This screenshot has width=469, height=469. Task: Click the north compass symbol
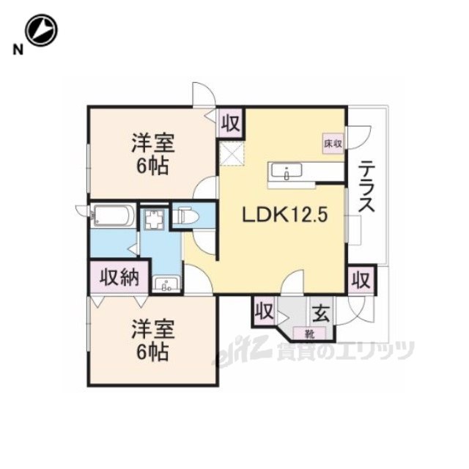tap(41, 31)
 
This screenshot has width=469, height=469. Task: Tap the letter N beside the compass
tap(18, 50)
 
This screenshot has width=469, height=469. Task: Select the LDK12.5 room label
tap(285, 215)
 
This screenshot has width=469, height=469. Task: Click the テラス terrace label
tap(366, 186)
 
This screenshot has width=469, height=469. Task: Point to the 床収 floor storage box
tap(333, 144)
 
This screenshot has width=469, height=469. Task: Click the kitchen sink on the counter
tap(287, 171)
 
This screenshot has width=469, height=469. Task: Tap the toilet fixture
tap(187, 215)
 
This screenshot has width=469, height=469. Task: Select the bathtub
tap(112, 215)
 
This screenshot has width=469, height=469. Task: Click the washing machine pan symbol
tap(153, 219)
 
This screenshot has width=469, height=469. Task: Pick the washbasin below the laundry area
tap(166, 284)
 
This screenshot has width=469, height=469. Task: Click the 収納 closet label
tap(119, 278)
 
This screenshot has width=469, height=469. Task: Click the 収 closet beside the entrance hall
tap(264, 311)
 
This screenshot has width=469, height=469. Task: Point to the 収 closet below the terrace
tap(361, 280)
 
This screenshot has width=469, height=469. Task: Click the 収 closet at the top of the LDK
tap(232, 123)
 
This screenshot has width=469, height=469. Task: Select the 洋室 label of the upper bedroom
tap(152, 143)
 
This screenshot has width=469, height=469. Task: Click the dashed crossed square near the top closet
tap(232, 153)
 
